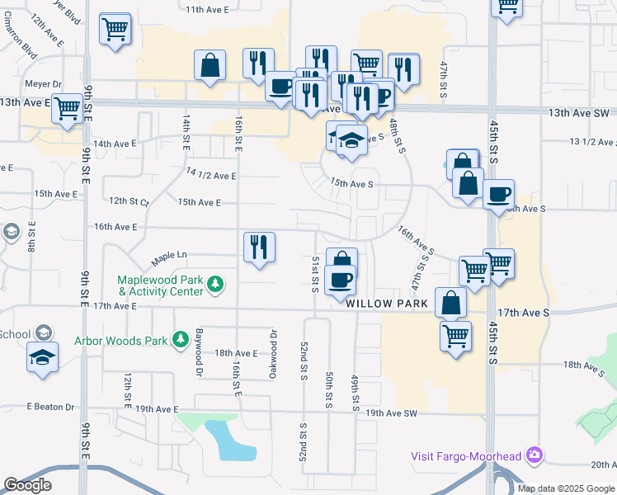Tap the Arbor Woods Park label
click(x=120, y=340)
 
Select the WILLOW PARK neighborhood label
click(x=386, y=304)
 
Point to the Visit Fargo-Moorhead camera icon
click(x=535, y=455)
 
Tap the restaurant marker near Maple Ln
click(x=259, y=247)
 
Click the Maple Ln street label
click(x=169, y=259)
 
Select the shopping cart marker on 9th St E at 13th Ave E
click(x=66, y=109)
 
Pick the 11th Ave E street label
click(x=207, y=9)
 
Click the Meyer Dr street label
click(x=45, y=84)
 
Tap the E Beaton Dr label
click(x=50, y=408)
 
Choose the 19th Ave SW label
click(x=393, y=412)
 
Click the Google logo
click(x=27, y=485)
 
